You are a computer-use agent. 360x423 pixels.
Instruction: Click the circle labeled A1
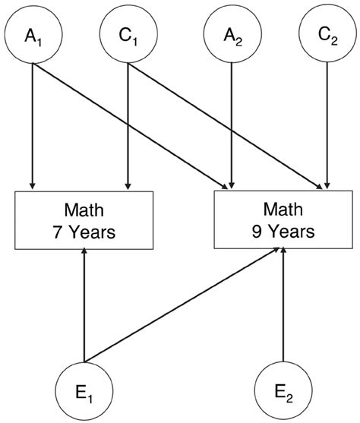[x=32, y=33]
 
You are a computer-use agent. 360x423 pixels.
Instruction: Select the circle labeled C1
[x=128, y=33]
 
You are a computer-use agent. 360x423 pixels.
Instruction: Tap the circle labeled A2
[x=232, y=33]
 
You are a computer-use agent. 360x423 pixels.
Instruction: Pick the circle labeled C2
[x=327, y=33]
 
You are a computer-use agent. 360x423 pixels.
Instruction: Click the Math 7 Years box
[x=85, y=219]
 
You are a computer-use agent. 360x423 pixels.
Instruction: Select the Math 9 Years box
[x=283, y=219]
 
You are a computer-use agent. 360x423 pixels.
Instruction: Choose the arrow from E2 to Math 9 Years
[x=283, y=304]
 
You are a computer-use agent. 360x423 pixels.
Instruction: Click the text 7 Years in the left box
[x=85, y=232]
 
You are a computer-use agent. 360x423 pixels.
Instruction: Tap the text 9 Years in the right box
[x=283, y=230]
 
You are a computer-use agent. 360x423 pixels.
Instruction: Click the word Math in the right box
[x=283, y=207]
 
